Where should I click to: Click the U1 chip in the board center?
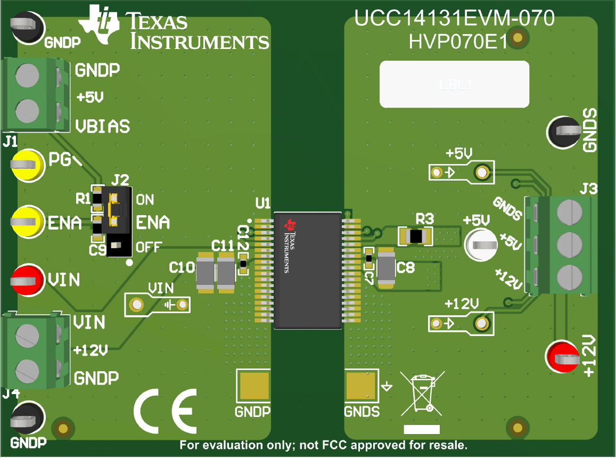click(x=308, y=271)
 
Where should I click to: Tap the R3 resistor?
click(x=416, y=235)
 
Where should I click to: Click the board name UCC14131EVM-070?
click(x=455, y=19)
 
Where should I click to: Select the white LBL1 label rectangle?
click(x=454, y=84)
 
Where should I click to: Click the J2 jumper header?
click(x=118, y=220)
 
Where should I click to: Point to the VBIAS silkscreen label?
click(x=102, y=126)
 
